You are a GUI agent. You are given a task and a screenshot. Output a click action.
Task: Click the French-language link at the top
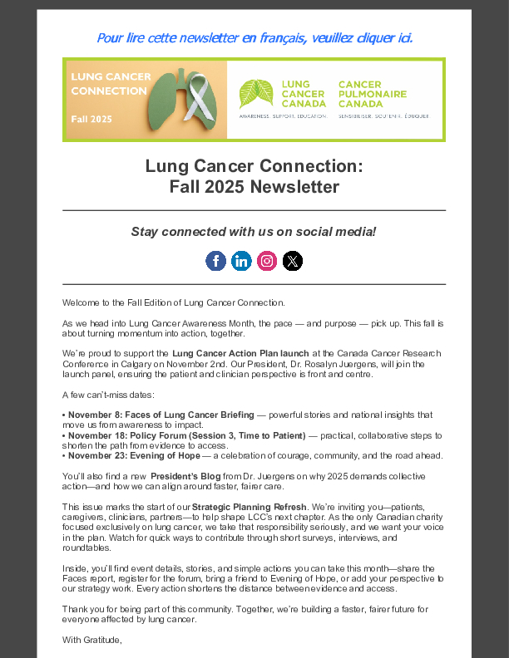tap(254, 37)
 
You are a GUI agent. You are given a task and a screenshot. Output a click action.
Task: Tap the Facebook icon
tap(215, 261)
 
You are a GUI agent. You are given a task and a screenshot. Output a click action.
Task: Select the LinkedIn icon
tap(241, 261)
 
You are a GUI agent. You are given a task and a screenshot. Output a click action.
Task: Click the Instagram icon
tap(267, 261)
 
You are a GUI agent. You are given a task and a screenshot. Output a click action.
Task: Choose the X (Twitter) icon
tap(293, 261)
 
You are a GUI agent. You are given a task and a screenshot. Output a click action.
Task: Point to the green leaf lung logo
tap(255, 94)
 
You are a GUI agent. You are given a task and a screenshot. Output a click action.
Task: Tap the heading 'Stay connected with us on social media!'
tap(254, 231)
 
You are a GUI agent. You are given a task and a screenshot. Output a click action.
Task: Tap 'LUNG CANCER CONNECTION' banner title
tap(111, 83)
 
